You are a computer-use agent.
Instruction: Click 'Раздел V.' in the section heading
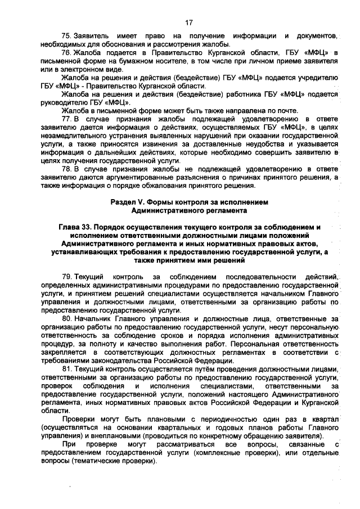click(x=129, y=201)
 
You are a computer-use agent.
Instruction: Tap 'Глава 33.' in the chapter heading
click(x=77, y=227)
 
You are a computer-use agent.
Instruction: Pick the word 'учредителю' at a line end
click(x=317, y=78)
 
